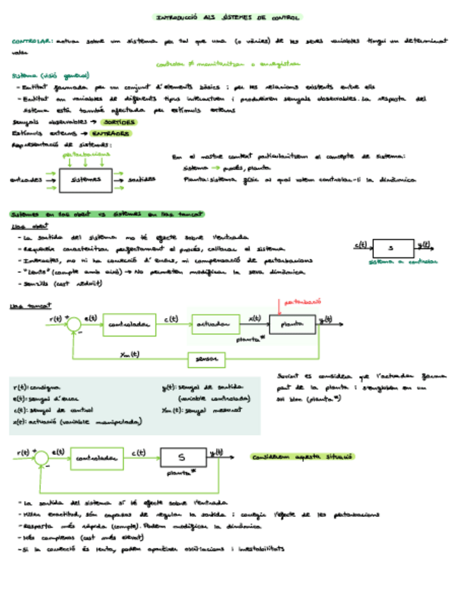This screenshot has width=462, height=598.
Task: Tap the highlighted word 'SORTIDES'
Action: click(x=113, y=122)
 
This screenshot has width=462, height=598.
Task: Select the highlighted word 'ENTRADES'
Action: click(x=109, y=133)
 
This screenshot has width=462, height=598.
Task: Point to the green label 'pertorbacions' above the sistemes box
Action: click(x=87, y=153)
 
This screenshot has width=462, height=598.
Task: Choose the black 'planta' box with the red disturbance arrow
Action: click(x=292, y=324)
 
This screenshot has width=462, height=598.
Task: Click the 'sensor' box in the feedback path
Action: click(x=206, y=360)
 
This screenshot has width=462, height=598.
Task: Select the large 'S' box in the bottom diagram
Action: click(x=181, y=458)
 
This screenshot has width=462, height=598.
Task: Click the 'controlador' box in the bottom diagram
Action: click(x=96, y=459)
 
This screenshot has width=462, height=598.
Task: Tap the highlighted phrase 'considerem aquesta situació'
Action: click(x=303, y=458)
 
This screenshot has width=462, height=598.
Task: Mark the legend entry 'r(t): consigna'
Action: click(x=37, y=388)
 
